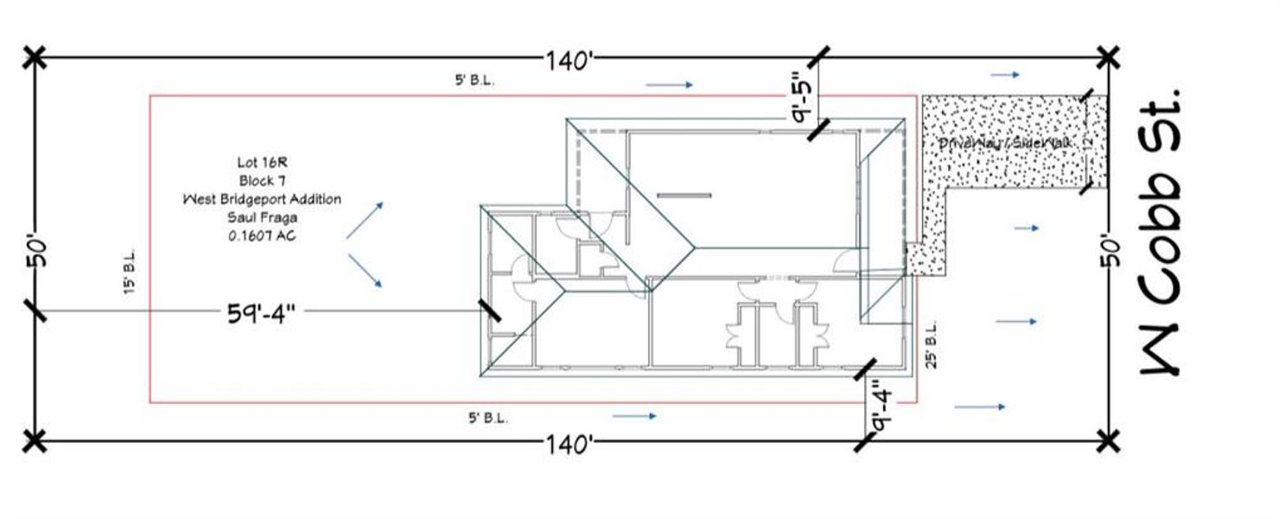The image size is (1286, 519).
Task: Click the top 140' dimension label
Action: pos(568,61)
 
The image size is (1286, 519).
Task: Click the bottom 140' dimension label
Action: pos(568,445)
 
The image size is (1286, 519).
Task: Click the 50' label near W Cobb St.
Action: pos(1112,251)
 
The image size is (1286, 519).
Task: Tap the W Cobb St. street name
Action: pos(1159,228)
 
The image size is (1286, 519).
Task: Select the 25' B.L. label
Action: pos(932,345)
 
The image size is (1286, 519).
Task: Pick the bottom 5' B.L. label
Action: pos(488,418)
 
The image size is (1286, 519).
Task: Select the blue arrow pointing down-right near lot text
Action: pos(365,271)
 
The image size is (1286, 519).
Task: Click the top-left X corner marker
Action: pos(34,58)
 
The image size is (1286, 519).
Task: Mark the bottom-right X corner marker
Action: pos(1109,441)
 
